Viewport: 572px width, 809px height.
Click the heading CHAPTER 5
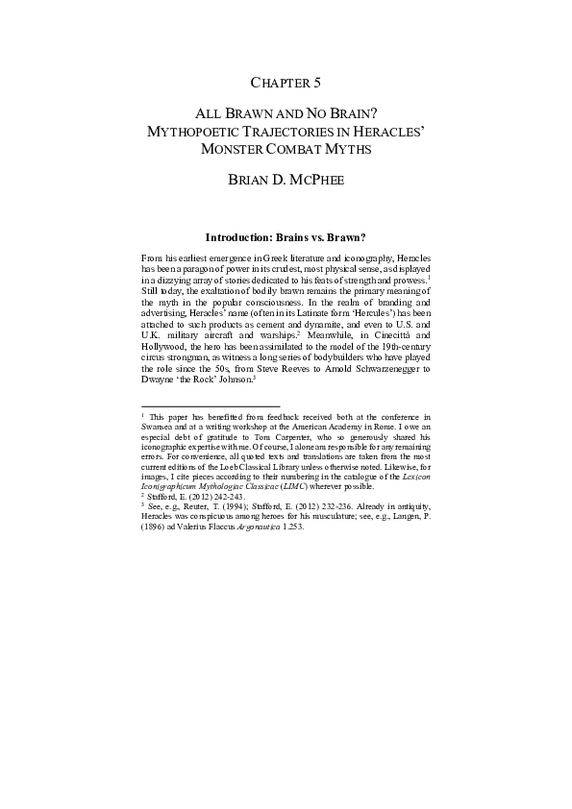click(x=286, y=83)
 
